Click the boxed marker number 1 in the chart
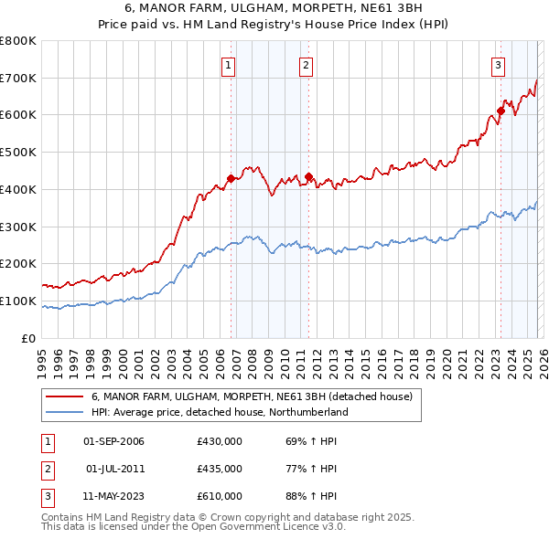click(228, 65)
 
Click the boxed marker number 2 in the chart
click(306, 65)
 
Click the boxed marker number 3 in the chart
click(498, 65)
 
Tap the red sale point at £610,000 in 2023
click(501, 111)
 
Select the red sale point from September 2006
click(231, 178)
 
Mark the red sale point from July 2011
click(309, 176)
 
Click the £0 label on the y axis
click(27, 338)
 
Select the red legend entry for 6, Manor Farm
click(252, 396)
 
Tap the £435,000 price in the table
click(220, 469)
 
